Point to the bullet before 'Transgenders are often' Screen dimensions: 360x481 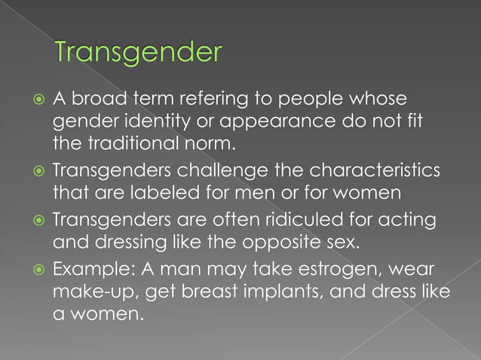click(x=36, y=221)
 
